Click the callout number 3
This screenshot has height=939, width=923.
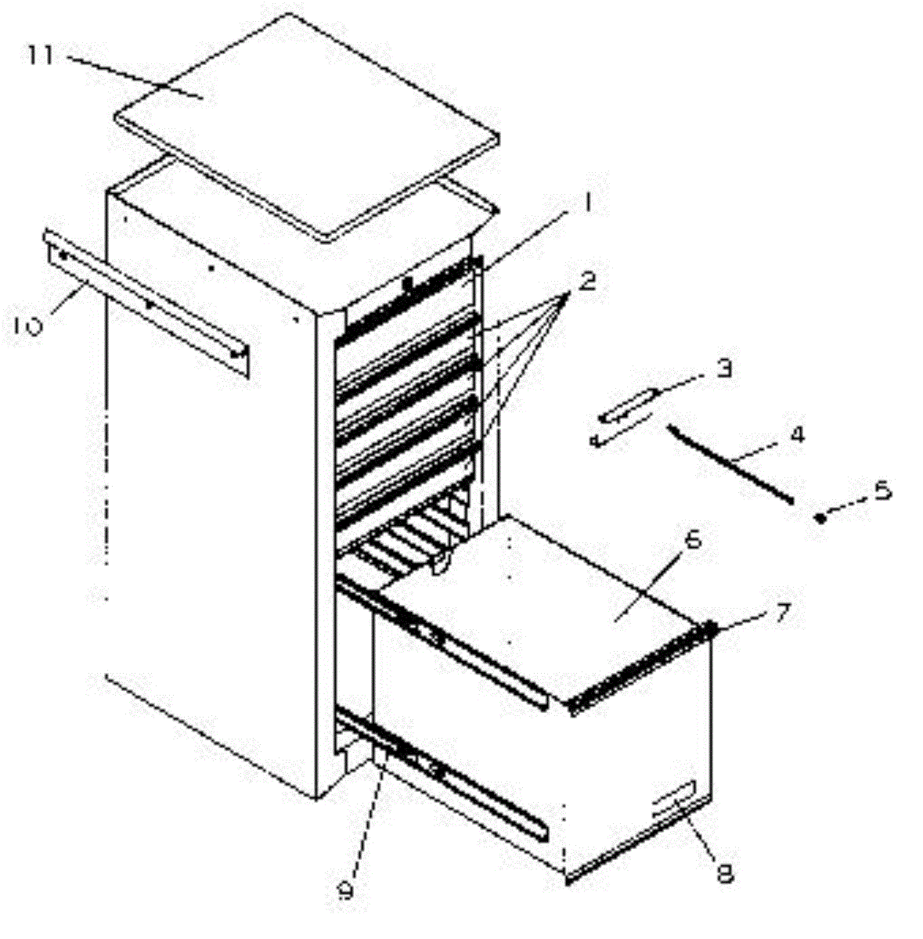(x=723, y=368)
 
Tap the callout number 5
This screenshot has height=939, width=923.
(x=883, y=492)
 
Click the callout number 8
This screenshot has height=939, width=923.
(x=726, y=872)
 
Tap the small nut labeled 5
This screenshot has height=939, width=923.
(x=820, y=517)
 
